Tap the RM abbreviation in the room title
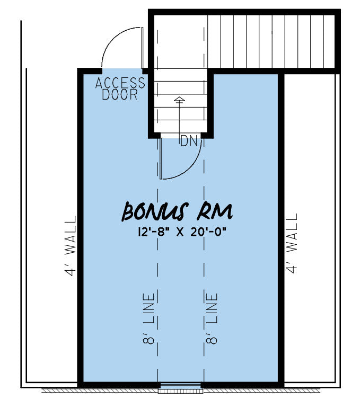coord(215,211)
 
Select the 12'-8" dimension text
coord(154,232)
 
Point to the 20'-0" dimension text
coord(208,232)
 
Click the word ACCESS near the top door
coord(120,83)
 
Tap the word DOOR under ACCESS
coord(119,94)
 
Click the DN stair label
coord(189,141)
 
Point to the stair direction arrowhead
coord(179,99)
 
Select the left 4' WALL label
coord(71,246)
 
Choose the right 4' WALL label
coord(292,244)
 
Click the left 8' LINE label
coord(149,319)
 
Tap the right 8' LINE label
coord(212,319)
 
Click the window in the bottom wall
coord(180,388)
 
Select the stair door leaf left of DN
coord(161,158)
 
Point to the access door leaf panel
coord(142,48)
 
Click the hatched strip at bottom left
coord(100,391)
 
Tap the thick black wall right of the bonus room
coord(281,228)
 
